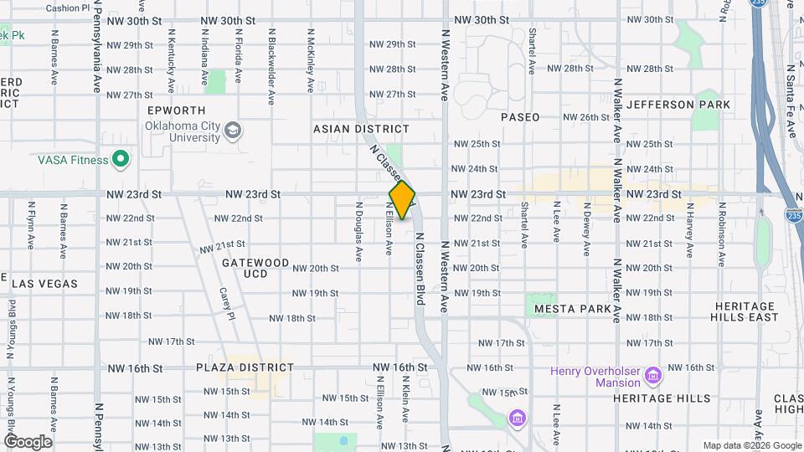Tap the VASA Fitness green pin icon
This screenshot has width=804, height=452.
click(121, 159)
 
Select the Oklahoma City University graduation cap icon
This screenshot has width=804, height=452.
click(232, 131)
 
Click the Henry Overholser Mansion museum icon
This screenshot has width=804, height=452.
click(654, 372)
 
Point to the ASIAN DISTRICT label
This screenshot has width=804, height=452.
click(362, 129)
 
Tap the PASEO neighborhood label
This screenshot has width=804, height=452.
click(520, 117)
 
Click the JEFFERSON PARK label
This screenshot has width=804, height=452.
click(678, 105)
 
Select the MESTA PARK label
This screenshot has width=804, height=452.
click(573, 309)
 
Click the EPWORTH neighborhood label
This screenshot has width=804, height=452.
click(176, 110)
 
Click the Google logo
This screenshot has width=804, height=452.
click(28, 442)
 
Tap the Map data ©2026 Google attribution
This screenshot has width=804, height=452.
click(752, 445)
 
